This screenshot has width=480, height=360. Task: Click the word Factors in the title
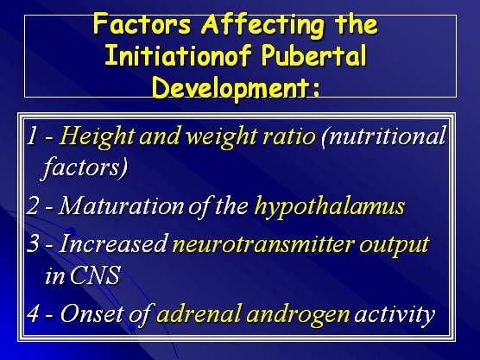pyautogui.click(x=142, y=24)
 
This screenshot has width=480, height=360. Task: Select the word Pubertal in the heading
pyautogui.click(x=313, y=56)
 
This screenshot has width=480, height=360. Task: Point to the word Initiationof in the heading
pyautogui.click(x=178, y=56)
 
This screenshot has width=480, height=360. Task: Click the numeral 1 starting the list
pyautogui.click(x=32, y=136)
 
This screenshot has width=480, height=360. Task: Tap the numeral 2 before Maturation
pyautogui.click(x=33, y=205)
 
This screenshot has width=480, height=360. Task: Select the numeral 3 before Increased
pyautogui.click(x=33, y=243)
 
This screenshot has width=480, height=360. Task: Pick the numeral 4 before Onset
pyautogui.click(x=33, y=313)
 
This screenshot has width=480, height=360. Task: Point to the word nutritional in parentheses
pyautogui.click(x=383, y=136)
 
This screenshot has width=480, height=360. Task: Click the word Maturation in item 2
pyautogui.click(x=122, y=205)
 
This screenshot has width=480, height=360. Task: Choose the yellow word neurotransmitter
pyautogui.click(x=263, y=244)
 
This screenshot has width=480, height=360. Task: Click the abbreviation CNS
pyautogui.click(x=95, y=275)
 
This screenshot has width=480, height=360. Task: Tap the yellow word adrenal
pyautogui.click(x=199, y=313)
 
